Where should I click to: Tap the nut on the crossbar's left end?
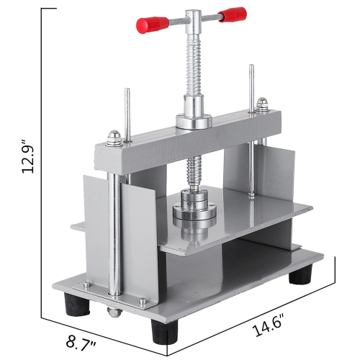(x=113, y=135)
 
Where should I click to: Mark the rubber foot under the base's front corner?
(x=163, y=332)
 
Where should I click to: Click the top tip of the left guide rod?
(x=127, y=91)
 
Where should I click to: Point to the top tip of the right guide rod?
(x=251, y=68)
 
